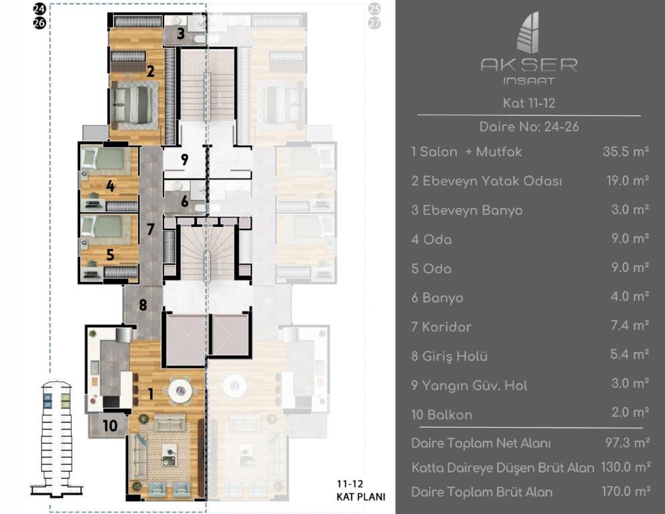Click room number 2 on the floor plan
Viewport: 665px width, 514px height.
tap(150, 71)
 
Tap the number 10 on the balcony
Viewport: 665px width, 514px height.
tap(110, 426)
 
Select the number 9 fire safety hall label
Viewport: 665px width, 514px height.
tap(184, 160)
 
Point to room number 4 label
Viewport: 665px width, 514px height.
tap(110, 185)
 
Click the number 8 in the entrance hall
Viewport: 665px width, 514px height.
tap(143, 305)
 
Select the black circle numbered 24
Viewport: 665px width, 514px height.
tap(39, 8)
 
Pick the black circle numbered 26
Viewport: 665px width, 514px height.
tap(39, 23)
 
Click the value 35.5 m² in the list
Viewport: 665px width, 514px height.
tap(625, 152)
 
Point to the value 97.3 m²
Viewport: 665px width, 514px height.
tap(627, 443)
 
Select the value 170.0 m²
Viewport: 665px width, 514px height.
tap(626, 491)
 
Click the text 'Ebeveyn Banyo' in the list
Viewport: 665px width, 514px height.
tap(472, 211)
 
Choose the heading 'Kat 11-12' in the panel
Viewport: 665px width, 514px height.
tap(529, 103)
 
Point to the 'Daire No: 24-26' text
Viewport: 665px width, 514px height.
tap(529, 126)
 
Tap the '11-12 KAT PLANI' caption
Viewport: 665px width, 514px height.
tap(361, 491)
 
